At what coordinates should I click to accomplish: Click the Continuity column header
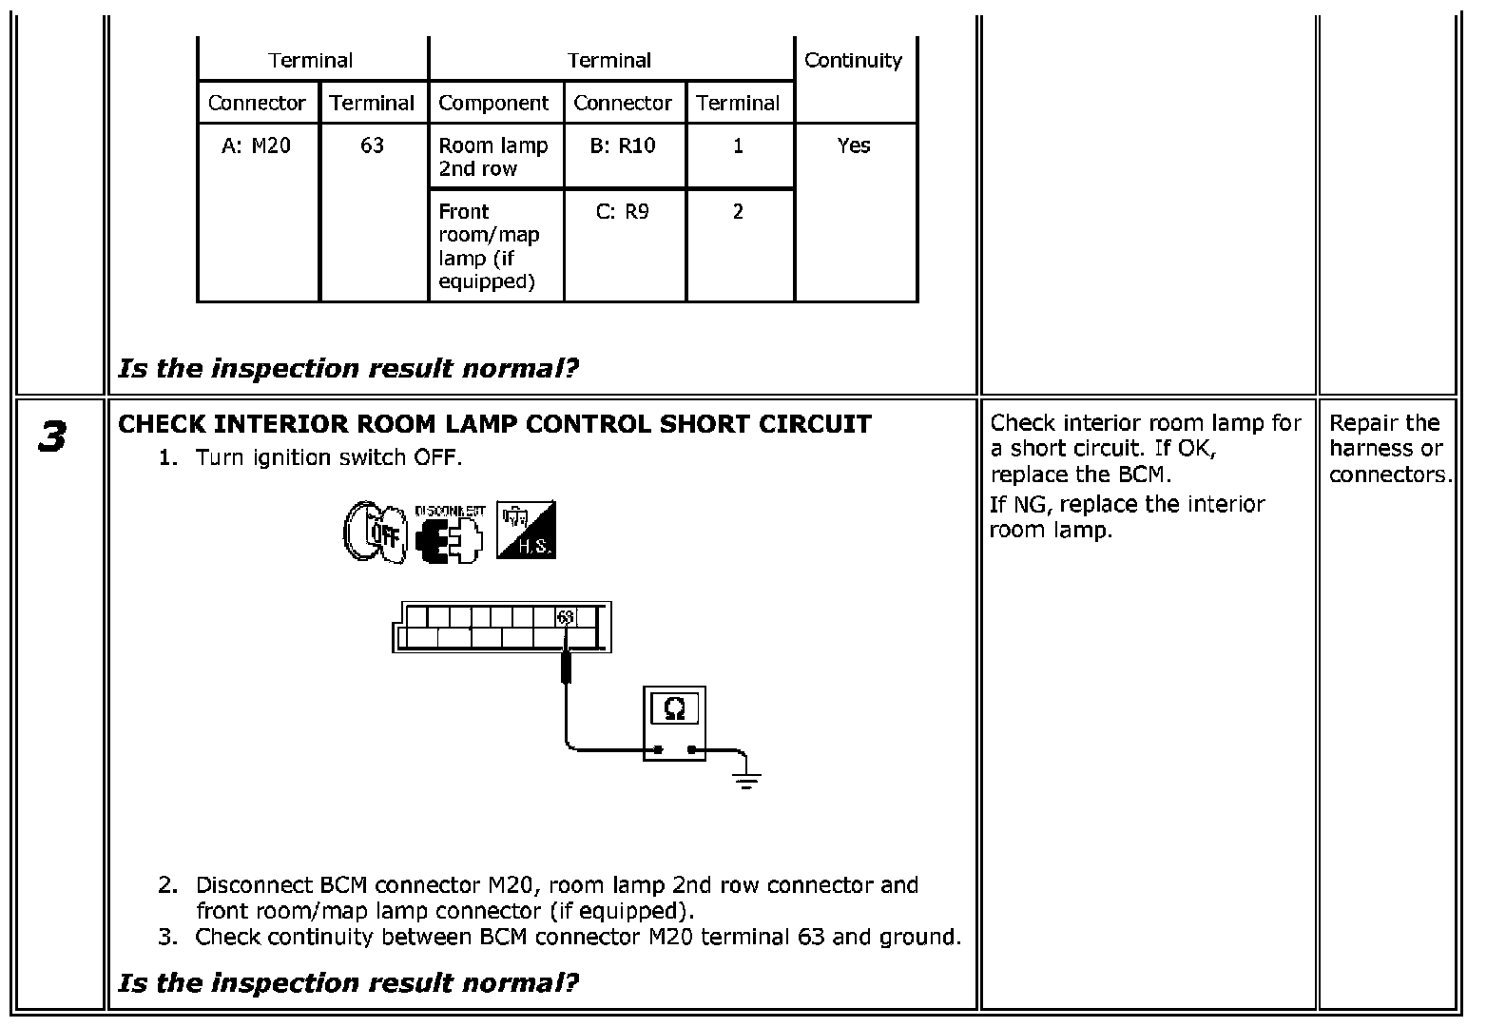click(x=853, y=61)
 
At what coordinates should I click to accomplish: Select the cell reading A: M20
click(x=256, y=145)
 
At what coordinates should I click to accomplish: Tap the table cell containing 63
click(x=372, y=145)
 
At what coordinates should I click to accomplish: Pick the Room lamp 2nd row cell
click(x=493, y=157)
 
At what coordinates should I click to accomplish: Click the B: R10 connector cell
click(x=623, y=145)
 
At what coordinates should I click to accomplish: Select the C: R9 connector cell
click(x=623, y=212)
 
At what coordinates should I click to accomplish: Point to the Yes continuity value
click(x=853, y=145)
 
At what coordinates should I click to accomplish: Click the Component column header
click(x=493, y=103)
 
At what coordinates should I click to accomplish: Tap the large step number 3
click(x=52, y=436)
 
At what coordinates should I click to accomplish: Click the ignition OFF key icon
click(x=376, y=532)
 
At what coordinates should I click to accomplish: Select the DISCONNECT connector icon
click(x=449, y=533)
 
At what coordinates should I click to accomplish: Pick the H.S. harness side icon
click(x=526, y=530)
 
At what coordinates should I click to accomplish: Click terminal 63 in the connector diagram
click(x=566, y=617)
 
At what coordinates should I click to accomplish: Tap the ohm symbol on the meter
click(x=674, y=708)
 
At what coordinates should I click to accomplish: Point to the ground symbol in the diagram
click(x=746, y=780)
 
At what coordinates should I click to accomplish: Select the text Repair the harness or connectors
click(x=1390, y=449)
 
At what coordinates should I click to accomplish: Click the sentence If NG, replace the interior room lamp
click(x=1127, y=516)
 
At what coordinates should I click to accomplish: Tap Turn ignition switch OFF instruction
click(x=329, y=457)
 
